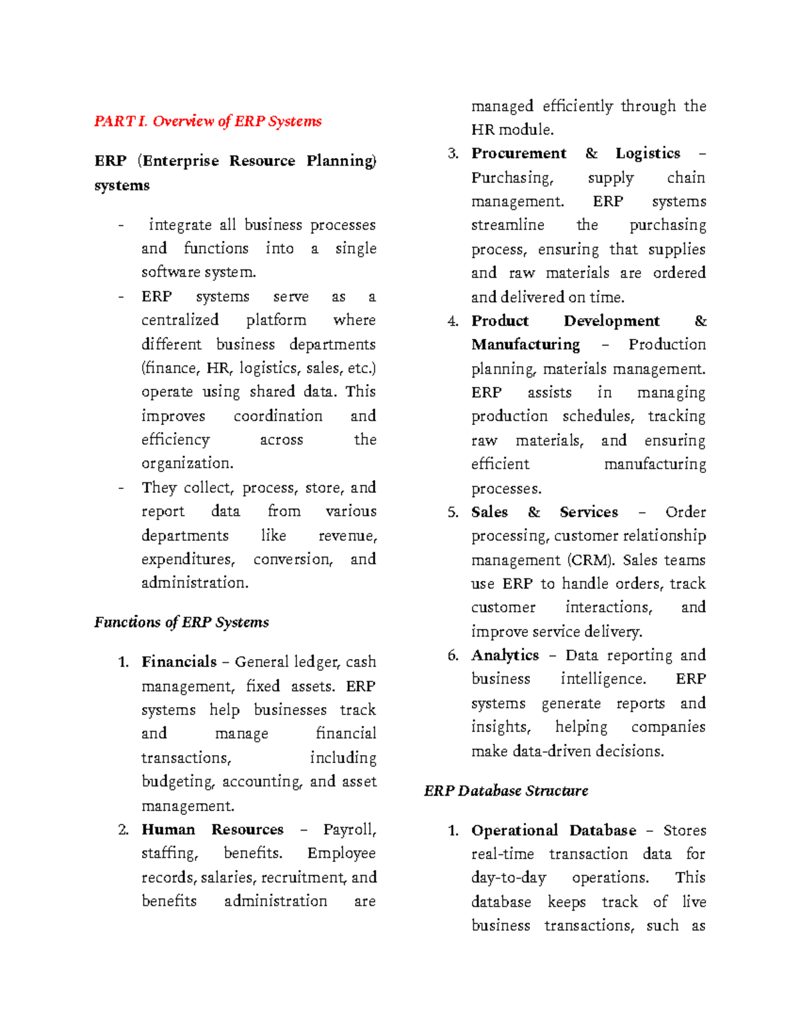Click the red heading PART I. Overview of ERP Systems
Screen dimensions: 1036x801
pyautogui.click(x=208, y=121)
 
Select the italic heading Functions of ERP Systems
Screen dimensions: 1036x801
pyautogui.click(x=182, y=622)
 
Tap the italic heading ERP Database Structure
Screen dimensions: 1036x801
pyautogui.click(x=506, y=791)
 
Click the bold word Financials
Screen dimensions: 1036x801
pyautogui.click(x=179, y=662)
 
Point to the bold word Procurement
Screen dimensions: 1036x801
pyautogui.click(x=519, y=153)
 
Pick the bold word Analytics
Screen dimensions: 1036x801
pyautogui.click(x=505, y=655)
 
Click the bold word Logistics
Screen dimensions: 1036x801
pyautogui.click(x=647, y=153)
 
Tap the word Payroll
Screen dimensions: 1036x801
pyautogui.click(x=350, y=830)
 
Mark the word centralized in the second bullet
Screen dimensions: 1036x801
pyautogui.click(x=180, y=320)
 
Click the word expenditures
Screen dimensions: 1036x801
pyautogui.click(x=188, y=559)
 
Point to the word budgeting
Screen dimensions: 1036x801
pyautogui.click(x=178, y=782)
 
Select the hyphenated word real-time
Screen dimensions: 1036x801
pyautogui.click(x=503, y=854)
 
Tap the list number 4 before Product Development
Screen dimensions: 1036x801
pyautogui.click(x=453, y=322)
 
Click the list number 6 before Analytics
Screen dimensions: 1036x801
pyautogui.click(x=453, y=656)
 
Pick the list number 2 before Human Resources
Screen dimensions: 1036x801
pyautogui.click(x=123, y=830)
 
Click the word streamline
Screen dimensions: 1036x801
pyautogui.click(x=507, y=225)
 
